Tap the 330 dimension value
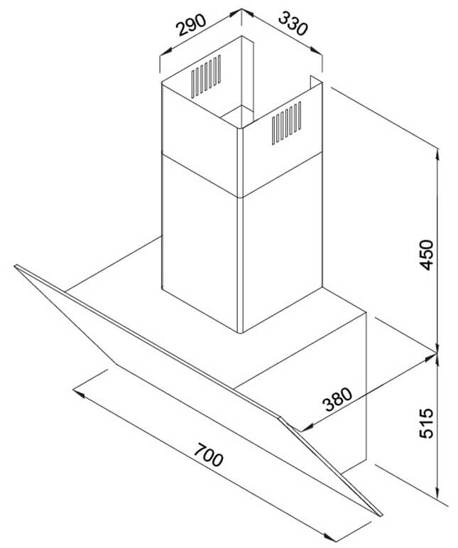(290, 26)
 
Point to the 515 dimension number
(425, 424)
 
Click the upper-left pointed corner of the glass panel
(15, 267)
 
